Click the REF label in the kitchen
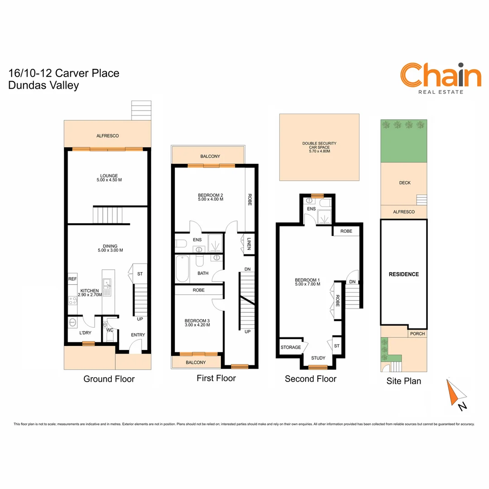tap(72, 279)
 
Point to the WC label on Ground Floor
tap(110, 330)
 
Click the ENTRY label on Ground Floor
tap(138, 335)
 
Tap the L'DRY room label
tap(85, 333)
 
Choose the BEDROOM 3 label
tap(197, 322)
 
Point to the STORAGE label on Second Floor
tap(290, 347)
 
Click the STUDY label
tap(318, 358)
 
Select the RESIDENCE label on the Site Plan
tap(404, 274)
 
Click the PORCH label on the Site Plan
tap(417, 334)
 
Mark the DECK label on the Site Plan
tap(405, 183)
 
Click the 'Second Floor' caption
tap(311, 379)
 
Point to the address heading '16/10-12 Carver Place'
tap(64, 73)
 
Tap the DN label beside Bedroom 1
tap(352, 282)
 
